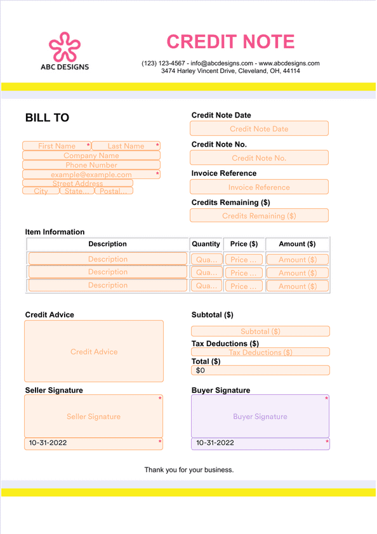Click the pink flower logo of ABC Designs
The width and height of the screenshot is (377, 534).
point(65,46)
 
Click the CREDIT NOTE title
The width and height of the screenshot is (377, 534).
point(230,42)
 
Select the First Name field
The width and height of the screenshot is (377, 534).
point(56,146)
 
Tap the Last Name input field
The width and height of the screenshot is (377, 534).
point(126,146)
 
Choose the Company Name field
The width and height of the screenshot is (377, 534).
point(91,156)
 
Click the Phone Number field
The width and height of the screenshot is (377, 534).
point(91,165)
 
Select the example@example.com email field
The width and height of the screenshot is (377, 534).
point(91,175)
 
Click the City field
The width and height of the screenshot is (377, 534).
point(41,190)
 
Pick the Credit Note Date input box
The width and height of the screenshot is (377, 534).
point(259,129)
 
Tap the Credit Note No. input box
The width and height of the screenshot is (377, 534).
point(259,158)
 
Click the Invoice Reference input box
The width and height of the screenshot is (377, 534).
point(259,187)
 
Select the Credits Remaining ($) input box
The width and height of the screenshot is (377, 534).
point(259,216)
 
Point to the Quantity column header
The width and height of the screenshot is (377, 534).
point(206,244)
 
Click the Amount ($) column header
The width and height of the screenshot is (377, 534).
point(297,244)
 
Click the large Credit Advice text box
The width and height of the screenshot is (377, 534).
point(94,351)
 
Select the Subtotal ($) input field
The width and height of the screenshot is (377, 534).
point(260,331)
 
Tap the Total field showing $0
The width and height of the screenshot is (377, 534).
point(260,370)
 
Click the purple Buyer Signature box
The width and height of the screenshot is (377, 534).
point(260,417)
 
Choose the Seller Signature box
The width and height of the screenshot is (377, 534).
point(94,417)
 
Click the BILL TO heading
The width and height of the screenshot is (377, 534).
point(47,118)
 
